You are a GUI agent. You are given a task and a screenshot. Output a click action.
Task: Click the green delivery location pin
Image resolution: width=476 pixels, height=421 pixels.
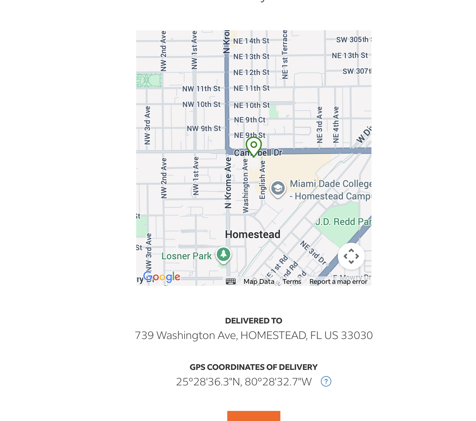254,146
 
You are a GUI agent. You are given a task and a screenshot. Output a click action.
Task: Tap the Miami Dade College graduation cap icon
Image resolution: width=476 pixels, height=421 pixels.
278,188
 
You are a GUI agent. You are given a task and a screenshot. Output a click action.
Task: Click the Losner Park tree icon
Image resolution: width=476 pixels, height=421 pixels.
224,254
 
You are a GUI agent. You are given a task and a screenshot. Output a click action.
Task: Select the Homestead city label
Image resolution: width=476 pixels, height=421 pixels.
252,234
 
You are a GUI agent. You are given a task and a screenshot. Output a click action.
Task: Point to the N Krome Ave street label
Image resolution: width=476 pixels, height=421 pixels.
228,183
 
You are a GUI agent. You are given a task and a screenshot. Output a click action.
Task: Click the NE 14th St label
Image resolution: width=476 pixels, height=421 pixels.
251,41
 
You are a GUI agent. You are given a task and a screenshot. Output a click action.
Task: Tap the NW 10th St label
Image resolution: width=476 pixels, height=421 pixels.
201,105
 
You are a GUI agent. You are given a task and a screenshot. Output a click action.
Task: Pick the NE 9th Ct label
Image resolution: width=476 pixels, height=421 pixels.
249,120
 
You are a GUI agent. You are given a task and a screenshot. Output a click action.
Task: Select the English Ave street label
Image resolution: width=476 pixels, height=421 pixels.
263,180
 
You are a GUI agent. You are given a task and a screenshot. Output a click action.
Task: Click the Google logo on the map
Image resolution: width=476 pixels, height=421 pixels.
162,277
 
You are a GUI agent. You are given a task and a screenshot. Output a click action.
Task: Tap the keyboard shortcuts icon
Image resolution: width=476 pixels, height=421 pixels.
231,281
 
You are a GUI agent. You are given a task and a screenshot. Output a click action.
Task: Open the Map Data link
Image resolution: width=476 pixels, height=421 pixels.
259,281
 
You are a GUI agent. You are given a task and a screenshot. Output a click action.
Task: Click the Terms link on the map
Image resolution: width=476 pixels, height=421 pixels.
292,281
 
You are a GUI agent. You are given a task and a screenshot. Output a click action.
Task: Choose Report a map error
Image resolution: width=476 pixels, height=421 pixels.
338,281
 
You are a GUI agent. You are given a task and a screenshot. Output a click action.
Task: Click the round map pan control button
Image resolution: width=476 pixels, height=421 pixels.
351,256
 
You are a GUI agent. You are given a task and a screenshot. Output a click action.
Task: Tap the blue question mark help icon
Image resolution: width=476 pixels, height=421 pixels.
326,381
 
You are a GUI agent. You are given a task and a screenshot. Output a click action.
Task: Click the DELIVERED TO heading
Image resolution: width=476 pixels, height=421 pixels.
254,321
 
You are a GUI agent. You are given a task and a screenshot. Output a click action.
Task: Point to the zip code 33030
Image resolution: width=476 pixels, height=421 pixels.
357,335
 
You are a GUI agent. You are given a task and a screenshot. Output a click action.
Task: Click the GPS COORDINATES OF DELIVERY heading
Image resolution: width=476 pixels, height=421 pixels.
254,367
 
